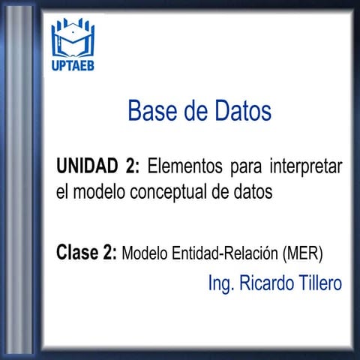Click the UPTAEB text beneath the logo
tap(73, 66)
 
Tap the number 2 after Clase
tap(111, 252)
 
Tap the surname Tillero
tap(320, 284)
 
